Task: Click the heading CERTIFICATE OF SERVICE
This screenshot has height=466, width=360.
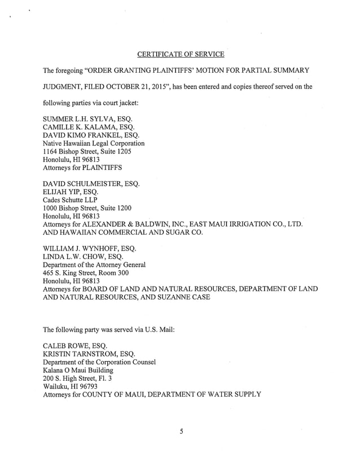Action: [x=181, y=54]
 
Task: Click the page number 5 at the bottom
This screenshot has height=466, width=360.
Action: [x=181, y=432]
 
